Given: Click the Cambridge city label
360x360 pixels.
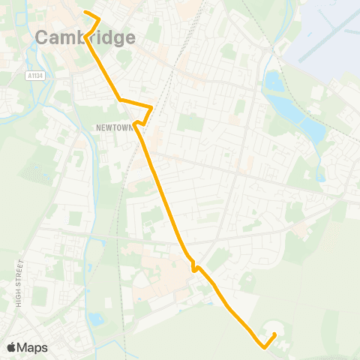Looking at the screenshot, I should coord(85,37).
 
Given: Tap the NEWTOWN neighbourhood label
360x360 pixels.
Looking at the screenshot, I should coord(114,127).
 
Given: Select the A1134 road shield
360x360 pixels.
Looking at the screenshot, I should coord(33,75).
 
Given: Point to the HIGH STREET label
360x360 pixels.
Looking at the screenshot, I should coord(19,283).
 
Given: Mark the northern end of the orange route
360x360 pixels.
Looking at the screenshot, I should coord(85,13).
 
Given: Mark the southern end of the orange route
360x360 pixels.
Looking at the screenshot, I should coord(275,334).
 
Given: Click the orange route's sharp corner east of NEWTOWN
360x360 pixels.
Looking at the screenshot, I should coord(152,107).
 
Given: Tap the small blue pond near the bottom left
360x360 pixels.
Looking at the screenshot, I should coord(96,319).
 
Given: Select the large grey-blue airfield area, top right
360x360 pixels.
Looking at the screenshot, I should coord(326,34).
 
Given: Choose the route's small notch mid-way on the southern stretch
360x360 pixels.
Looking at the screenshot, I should coord(193,266).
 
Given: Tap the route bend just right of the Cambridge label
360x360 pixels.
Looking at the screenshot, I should coord(98,21).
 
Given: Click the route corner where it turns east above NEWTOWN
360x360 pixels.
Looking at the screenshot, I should coord(120,99).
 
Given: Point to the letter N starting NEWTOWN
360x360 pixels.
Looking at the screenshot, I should coord(98,127).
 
